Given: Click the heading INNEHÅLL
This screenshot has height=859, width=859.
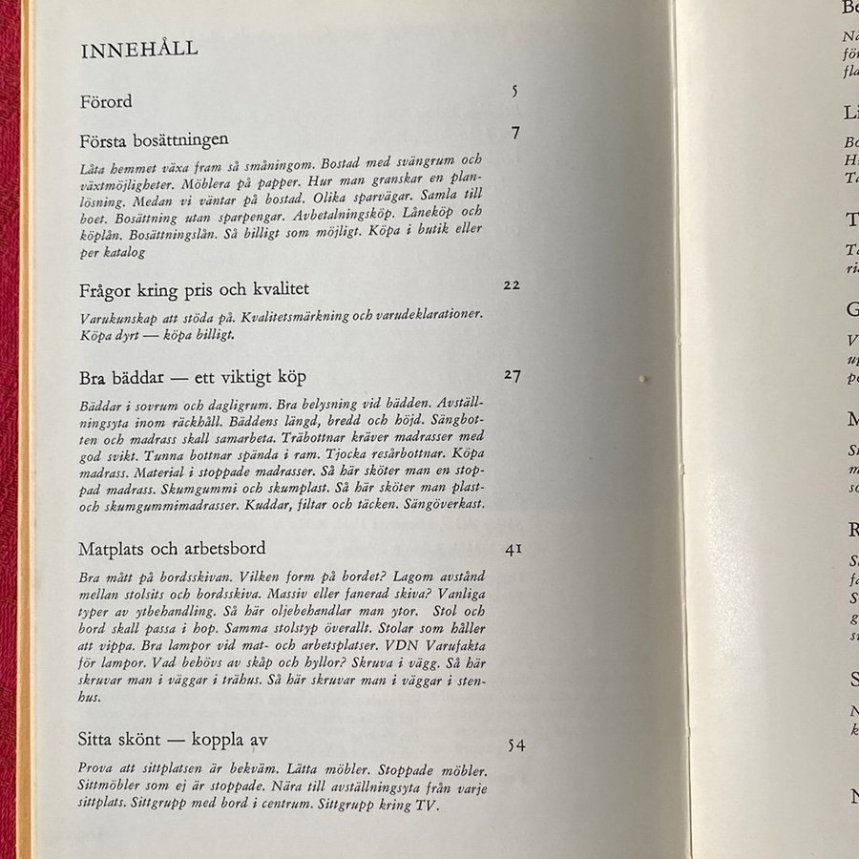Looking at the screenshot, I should pos(139,50).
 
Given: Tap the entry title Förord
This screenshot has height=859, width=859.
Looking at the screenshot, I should pos(106,101).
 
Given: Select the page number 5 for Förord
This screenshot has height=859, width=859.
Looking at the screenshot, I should pos(514,92).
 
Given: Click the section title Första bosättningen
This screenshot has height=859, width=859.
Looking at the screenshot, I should pos(155,139).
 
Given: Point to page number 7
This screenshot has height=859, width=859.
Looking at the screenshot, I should pos(515,133).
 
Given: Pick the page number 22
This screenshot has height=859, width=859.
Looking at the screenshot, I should pos(512,284).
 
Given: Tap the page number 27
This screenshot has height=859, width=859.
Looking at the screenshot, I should pos(513,374).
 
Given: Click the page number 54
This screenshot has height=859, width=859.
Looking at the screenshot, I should pos(515,745).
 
